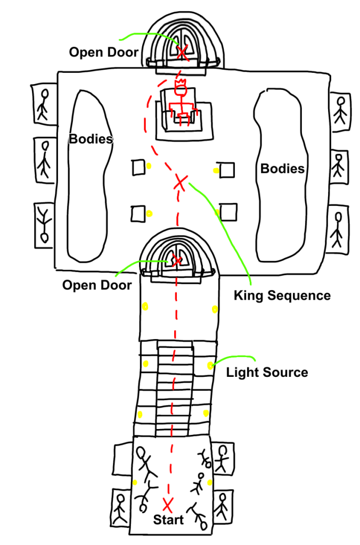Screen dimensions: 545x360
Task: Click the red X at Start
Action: (x=168, y=503)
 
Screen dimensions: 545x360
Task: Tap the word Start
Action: (x=168, y=520)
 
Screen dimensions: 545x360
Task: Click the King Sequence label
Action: (x=282, y=295)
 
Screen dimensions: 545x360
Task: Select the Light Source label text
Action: (x=267, y=372)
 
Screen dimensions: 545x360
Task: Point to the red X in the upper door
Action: (x=182, y=52)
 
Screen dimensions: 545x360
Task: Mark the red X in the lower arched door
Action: (x=175, y=261)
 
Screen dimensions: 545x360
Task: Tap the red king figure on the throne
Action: (x=182, y=104)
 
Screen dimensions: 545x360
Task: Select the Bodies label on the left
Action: (x=91, y=139)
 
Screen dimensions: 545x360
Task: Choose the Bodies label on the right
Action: (x=282, y=169)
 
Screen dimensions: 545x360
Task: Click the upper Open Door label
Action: (x=104, y=52)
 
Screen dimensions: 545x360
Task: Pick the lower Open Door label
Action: (x=97, y=285)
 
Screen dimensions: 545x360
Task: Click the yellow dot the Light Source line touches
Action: (x=211, y=365)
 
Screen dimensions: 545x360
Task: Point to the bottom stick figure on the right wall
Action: (x=337, y=229)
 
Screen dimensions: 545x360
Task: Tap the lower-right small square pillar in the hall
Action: (x=228, y=211)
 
